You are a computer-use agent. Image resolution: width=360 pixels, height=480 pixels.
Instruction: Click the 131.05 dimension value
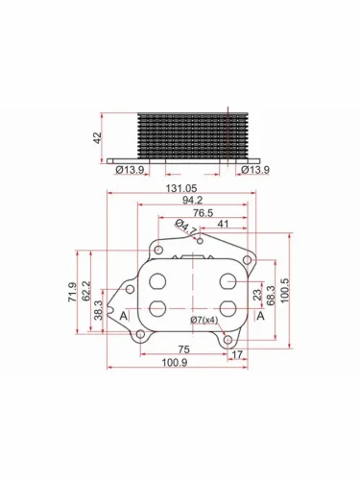point(181,189)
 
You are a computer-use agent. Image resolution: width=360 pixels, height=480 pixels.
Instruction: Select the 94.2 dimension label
point(193,201)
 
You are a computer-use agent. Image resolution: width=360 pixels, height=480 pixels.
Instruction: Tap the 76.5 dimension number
point(204,213)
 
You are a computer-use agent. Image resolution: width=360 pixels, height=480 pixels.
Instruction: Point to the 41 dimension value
point(223,224)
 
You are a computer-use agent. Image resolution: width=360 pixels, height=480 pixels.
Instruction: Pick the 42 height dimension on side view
point(97,137)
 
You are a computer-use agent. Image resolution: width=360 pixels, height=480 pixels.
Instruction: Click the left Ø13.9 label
point(130,170)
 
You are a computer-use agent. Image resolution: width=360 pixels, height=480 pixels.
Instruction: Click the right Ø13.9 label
point(255,170)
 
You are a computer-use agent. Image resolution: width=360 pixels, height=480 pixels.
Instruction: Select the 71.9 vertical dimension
point(72,292)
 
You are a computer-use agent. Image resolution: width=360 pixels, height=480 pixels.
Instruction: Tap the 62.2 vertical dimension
point(86,291)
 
